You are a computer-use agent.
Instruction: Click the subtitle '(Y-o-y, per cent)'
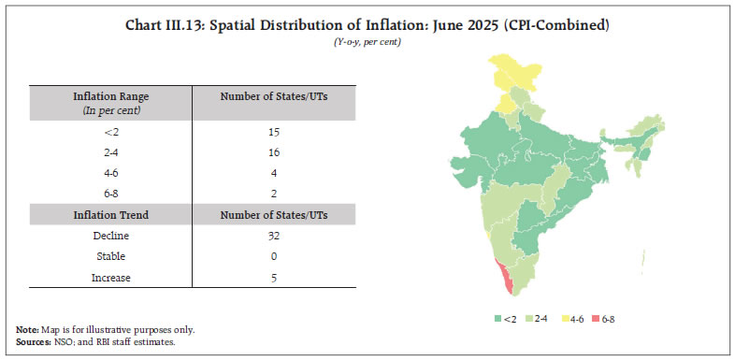pyautogui.click(x=367, y=43)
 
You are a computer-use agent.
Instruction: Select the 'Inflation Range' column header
pyautogui.click(x=110, y=96)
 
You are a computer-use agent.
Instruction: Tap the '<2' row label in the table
pyautogui.click(x=110, y=132)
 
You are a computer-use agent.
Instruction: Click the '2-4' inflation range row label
pyautogui.click(x=110, y=152)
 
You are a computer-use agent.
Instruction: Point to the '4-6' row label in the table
pyautogui.click(x=110, y=173)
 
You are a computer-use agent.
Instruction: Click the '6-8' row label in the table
pyautogui.click(x=110, y=194)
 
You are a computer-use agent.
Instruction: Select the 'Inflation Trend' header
pyautogui.click(x=110, y=214)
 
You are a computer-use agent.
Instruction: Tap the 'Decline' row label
pyautogui.click(x=110, y=235)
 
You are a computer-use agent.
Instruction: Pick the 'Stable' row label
pyautogui.click(x=110, y=255)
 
